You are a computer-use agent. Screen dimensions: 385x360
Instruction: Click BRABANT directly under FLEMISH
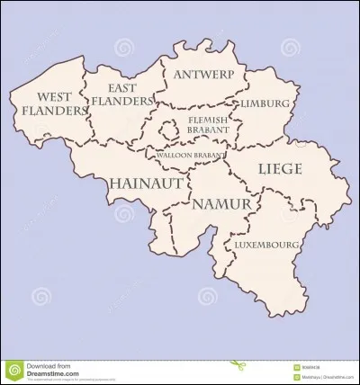click(x=209, y=130)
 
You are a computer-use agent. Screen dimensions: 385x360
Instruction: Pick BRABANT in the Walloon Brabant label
click(x=210, y=155)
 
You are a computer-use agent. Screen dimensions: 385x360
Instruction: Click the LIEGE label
click(x=280, y=168)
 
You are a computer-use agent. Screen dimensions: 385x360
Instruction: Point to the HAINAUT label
click(x=146, y=183)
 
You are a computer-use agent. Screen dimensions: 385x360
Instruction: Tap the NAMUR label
click(x=221, y=204)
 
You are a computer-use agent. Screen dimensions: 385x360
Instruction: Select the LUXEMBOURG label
click(x=266, y=244)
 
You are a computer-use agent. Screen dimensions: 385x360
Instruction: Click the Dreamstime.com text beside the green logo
click(x=54, y=373)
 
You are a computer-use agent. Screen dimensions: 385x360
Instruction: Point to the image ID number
click(x=312, y=366)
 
